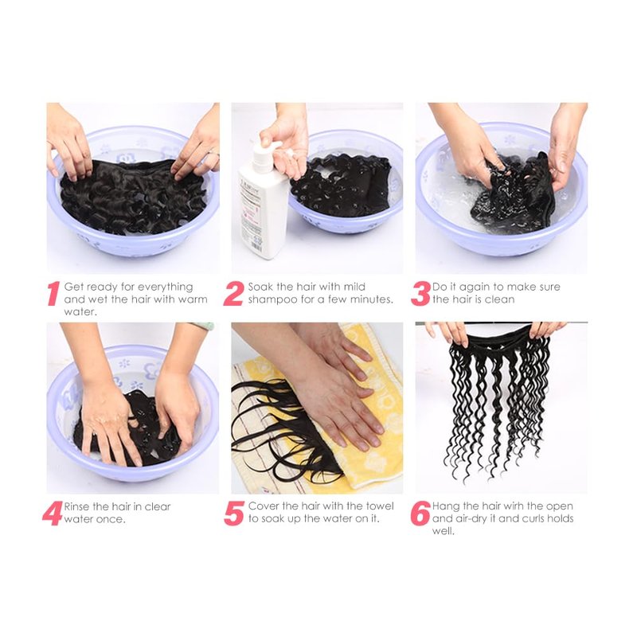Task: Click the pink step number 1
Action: pyautogui.click(x=53, y=293)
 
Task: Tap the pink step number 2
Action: pyautogui.click(x=233, y=293)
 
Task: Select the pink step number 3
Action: pyautogui.click(x=420, y=293)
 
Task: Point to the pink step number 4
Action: pyautogui.click(x=53, y=513)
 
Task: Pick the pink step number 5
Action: pyautogui.click(x=234, y=513)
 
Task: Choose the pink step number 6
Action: pyautogui.click(x=420, y=513)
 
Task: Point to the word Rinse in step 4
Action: pyautogui.click(x=76, y=506)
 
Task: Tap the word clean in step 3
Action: pyautogui.click(x=500, y=299)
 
